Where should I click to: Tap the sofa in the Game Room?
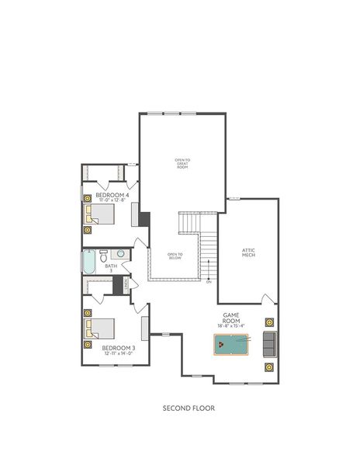pyautogui.click(x=269, y=343)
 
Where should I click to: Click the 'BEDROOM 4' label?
pyautogui.click(x=107, y=195)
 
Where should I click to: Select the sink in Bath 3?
pyautogui.click(x=122, y=254)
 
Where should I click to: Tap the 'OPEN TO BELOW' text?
pyautogui.click(x=175, y=256)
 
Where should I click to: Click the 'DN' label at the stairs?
pyautogui.click(x=209, y=281)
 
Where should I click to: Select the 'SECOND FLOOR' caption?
pyautogui.click(x=189, y=407)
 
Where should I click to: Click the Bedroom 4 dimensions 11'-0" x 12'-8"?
pyautogui.click(x=107, y=200)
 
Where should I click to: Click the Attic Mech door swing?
pyautogui.click(x=268, y=299)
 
